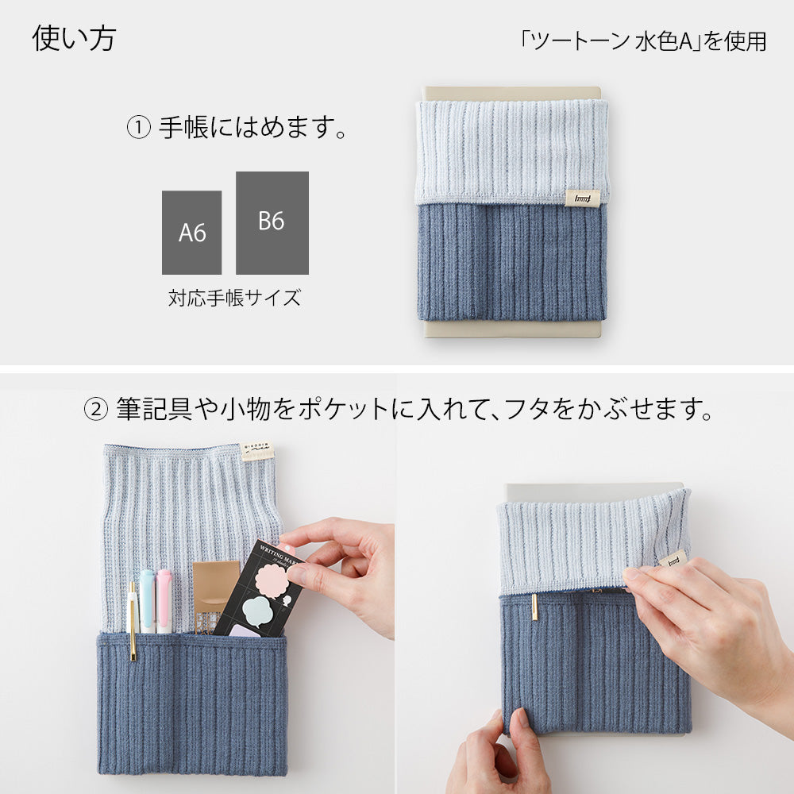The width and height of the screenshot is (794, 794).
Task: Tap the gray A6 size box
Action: [191, 233]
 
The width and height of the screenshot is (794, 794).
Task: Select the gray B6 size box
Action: [272, 222]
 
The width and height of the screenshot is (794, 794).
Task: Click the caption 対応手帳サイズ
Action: [234, 299]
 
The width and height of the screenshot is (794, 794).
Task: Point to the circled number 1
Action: [138, 128]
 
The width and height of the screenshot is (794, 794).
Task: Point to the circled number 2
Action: [95, 410]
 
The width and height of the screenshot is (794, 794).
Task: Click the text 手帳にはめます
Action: [252, 128]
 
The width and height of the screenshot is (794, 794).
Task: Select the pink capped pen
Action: [164, 599]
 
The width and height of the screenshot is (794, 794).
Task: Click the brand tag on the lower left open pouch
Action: [257, 453]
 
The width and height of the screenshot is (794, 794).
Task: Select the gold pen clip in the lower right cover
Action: [534, 607]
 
